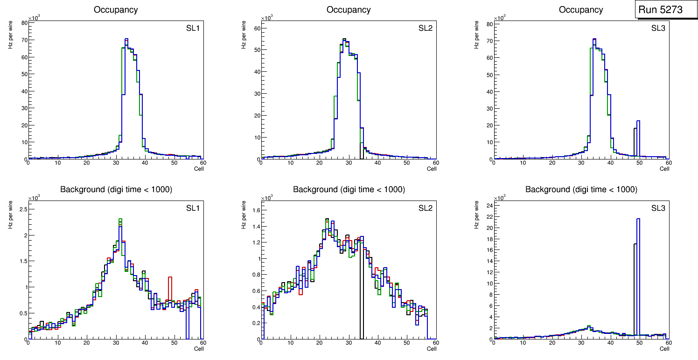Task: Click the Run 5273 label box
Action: (x=660, y=9)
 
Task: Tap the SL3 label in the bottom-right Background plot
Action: (x=658, y=208)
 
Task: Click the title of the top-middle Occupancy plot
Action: (x=349, y=9)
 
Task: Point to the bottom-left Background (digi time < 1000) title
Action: (x=116, y=189)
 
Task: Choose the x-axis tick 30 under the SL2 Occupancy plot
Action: (x=349, y=163)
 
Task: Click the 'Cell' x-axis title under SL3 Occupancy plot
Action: (x=664, y=169)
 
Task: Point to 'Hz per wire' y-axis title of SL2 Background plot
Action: (x=244, y=215)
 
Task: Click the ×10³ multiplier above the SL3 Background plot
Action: (x=500, y=198)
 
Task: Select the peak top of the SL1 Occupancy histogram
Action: (x=126, y=39)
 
